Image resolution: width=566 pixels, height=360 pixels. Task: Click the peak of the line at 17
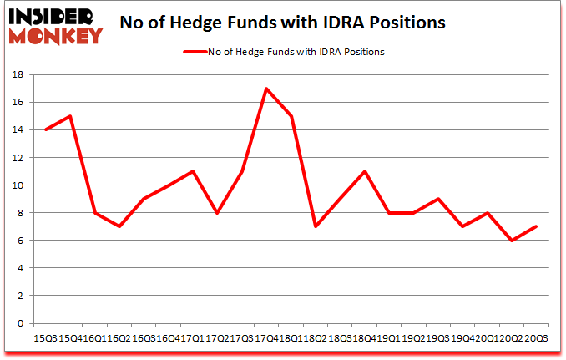pos(265,89)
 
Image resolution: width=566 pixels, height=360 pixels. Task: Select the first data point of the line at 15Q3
pos(46,129)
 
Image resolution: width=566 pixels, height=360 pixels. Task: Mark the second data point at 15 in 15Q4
pos(71,116)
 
